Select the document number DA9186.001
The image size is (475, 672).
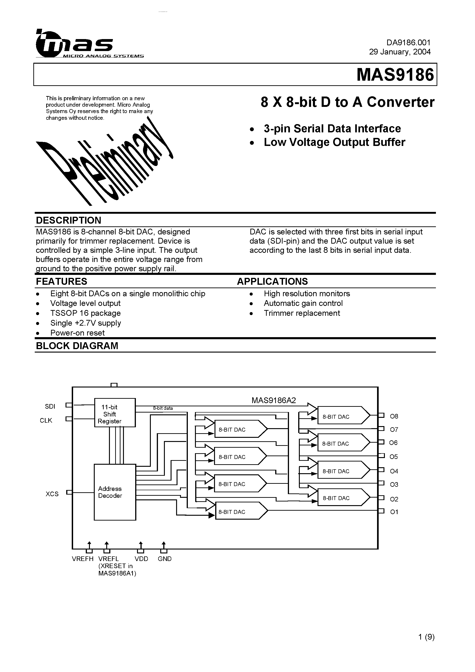pyautogui.click(x=408, y=43)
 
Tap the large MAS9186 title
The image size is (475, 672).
pyautogui.click(x=395, y=75)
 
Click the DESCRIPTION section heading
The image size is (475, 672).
pyautogui.click(x=68, y=220)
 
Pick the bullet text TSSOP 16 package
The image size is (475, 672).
pyautogui.click(x=85, y=313)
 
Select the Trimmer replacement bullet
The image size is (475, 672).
pyautogui.click(x=302, y=313)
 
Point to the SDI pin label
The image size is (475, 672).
pyautogui.click(x=50, y=407)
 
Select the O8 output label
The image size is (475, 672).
pyautogui.click(x=394, y=416)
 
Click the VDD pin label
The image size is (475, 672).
pyautogui.click(x=141, y=559)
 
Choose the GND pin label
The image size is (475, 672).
pyautogui.click(x=165, y=559)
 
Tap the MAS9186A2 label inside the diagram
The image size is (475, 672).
pyautogui.click(x=274, y=400)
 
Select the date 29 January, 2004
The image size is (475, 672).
pyautogui.click(x=400, y=52)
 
